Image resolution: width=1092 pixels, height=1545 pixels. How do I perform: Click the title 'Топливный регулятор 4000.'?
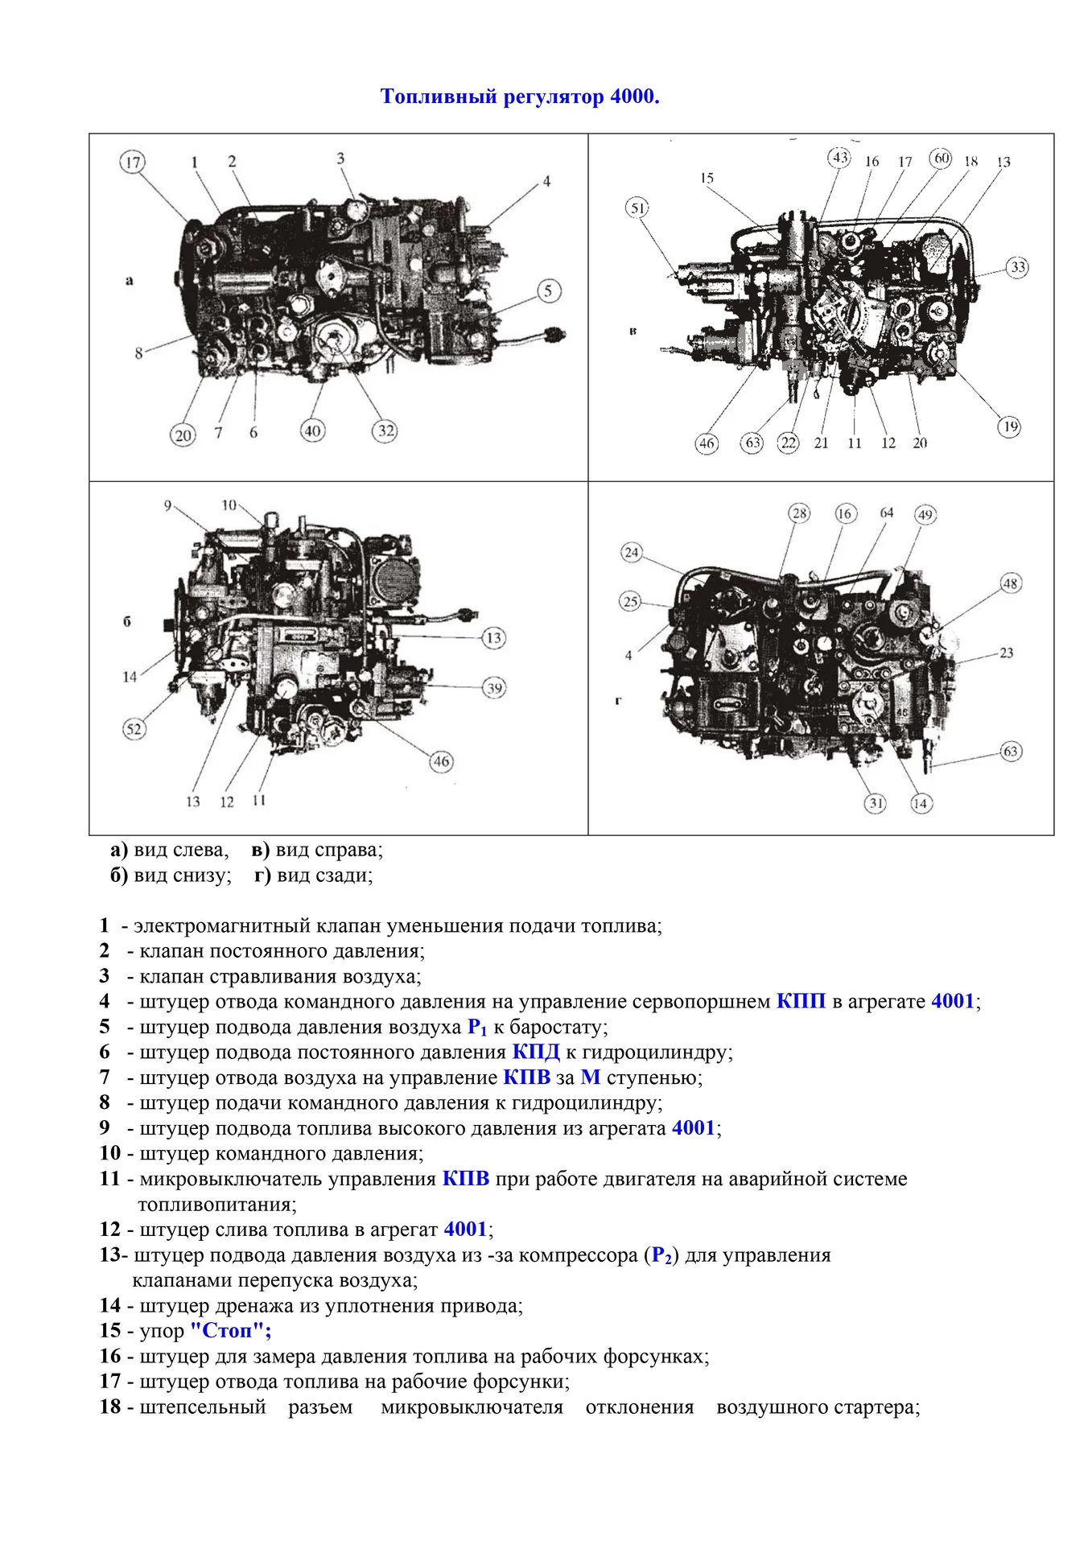519,97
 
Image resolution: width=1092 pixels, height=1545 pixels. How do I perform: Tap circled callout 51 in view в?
637,208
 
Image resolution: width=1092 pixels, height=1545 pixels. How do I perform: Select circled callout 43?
839,158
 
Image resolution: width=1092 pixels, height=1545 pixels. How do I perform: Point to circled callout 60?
941,158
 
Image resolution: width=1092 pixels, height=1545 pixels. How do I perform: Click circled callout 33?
1018,267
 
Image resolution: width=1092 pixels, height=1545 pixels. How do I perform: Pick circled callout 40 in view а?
312,431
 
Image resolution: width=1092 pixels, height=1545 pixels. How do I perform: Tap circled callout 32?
385,431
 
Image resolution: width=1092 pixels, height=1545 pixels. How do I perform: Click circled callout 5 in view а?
548,291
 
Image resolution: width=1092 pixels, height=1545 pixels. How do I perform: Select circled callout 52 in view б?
134,730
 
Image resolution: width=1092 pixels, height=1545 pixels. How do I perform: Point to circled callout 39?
494,688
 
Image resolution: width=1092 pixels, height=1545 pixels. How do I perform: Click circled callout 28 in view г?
798,513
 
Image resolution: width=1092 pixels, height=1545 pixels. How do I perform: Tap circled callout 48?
1011,583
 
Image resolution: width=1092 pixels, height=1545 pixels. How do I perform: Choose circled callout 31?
876,803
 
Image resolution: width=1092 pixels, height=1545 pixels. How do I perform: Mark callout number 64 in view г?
886,513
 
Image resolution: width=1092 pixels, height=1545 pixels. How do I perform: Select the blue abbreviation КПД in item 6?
535,1053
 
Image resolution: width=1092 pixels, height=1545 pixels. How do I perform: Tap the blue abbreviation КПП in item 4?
801,1002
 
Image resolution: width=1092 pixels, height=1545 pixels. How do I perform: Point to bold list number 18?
110,1407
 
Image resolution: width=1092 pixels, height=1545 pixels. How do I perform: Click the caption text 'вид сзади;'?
324,875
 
